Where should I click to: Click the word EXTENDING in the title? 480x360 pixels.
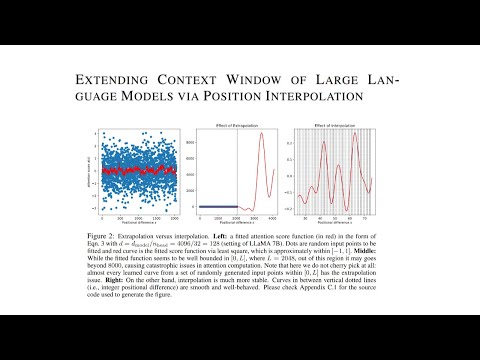tap(111, 78)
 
